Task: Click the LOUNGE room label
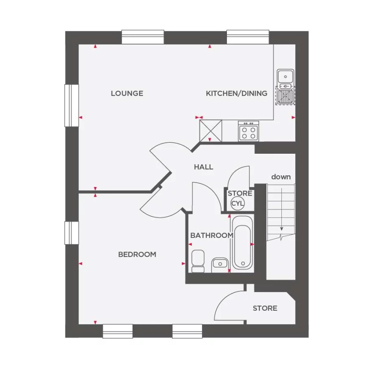pyautogui.click(x=127, y=93)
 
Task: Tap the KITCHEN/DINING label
pyautogui.click(x=236, y=93)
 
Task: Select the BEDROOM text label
pyautogui.click(x=137, y=254)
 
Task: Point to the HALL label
pyautogui.click(x=203, y=167)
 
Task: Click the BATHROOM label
pyautogui.click(x=211, y=235)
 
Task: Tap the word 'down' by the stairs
pyautogui.click(x=281, y=176)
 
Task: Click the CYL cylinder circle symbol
pyautogui.click(x=237, y=203)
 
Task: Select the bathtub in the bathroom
pyautogui.click(x=242, y=242)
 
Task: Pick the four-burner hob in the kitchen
pyautogui.click(x=248, y=131)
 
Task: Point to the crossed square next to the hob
pyautogui.click(x=211, y=130)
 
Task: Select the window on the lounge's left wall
pyautogui.click(x=72, y=105)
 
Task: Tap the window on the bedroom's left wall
pyautogui.click(x=72, y=233)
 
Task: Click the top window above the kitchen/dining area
pyautogui.click(x=248, y=37)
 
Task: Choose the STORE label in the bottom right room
pyautogui.click(x=265, y=308)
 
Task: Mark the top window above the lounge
pyautogui.click(x=143, y=37)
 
